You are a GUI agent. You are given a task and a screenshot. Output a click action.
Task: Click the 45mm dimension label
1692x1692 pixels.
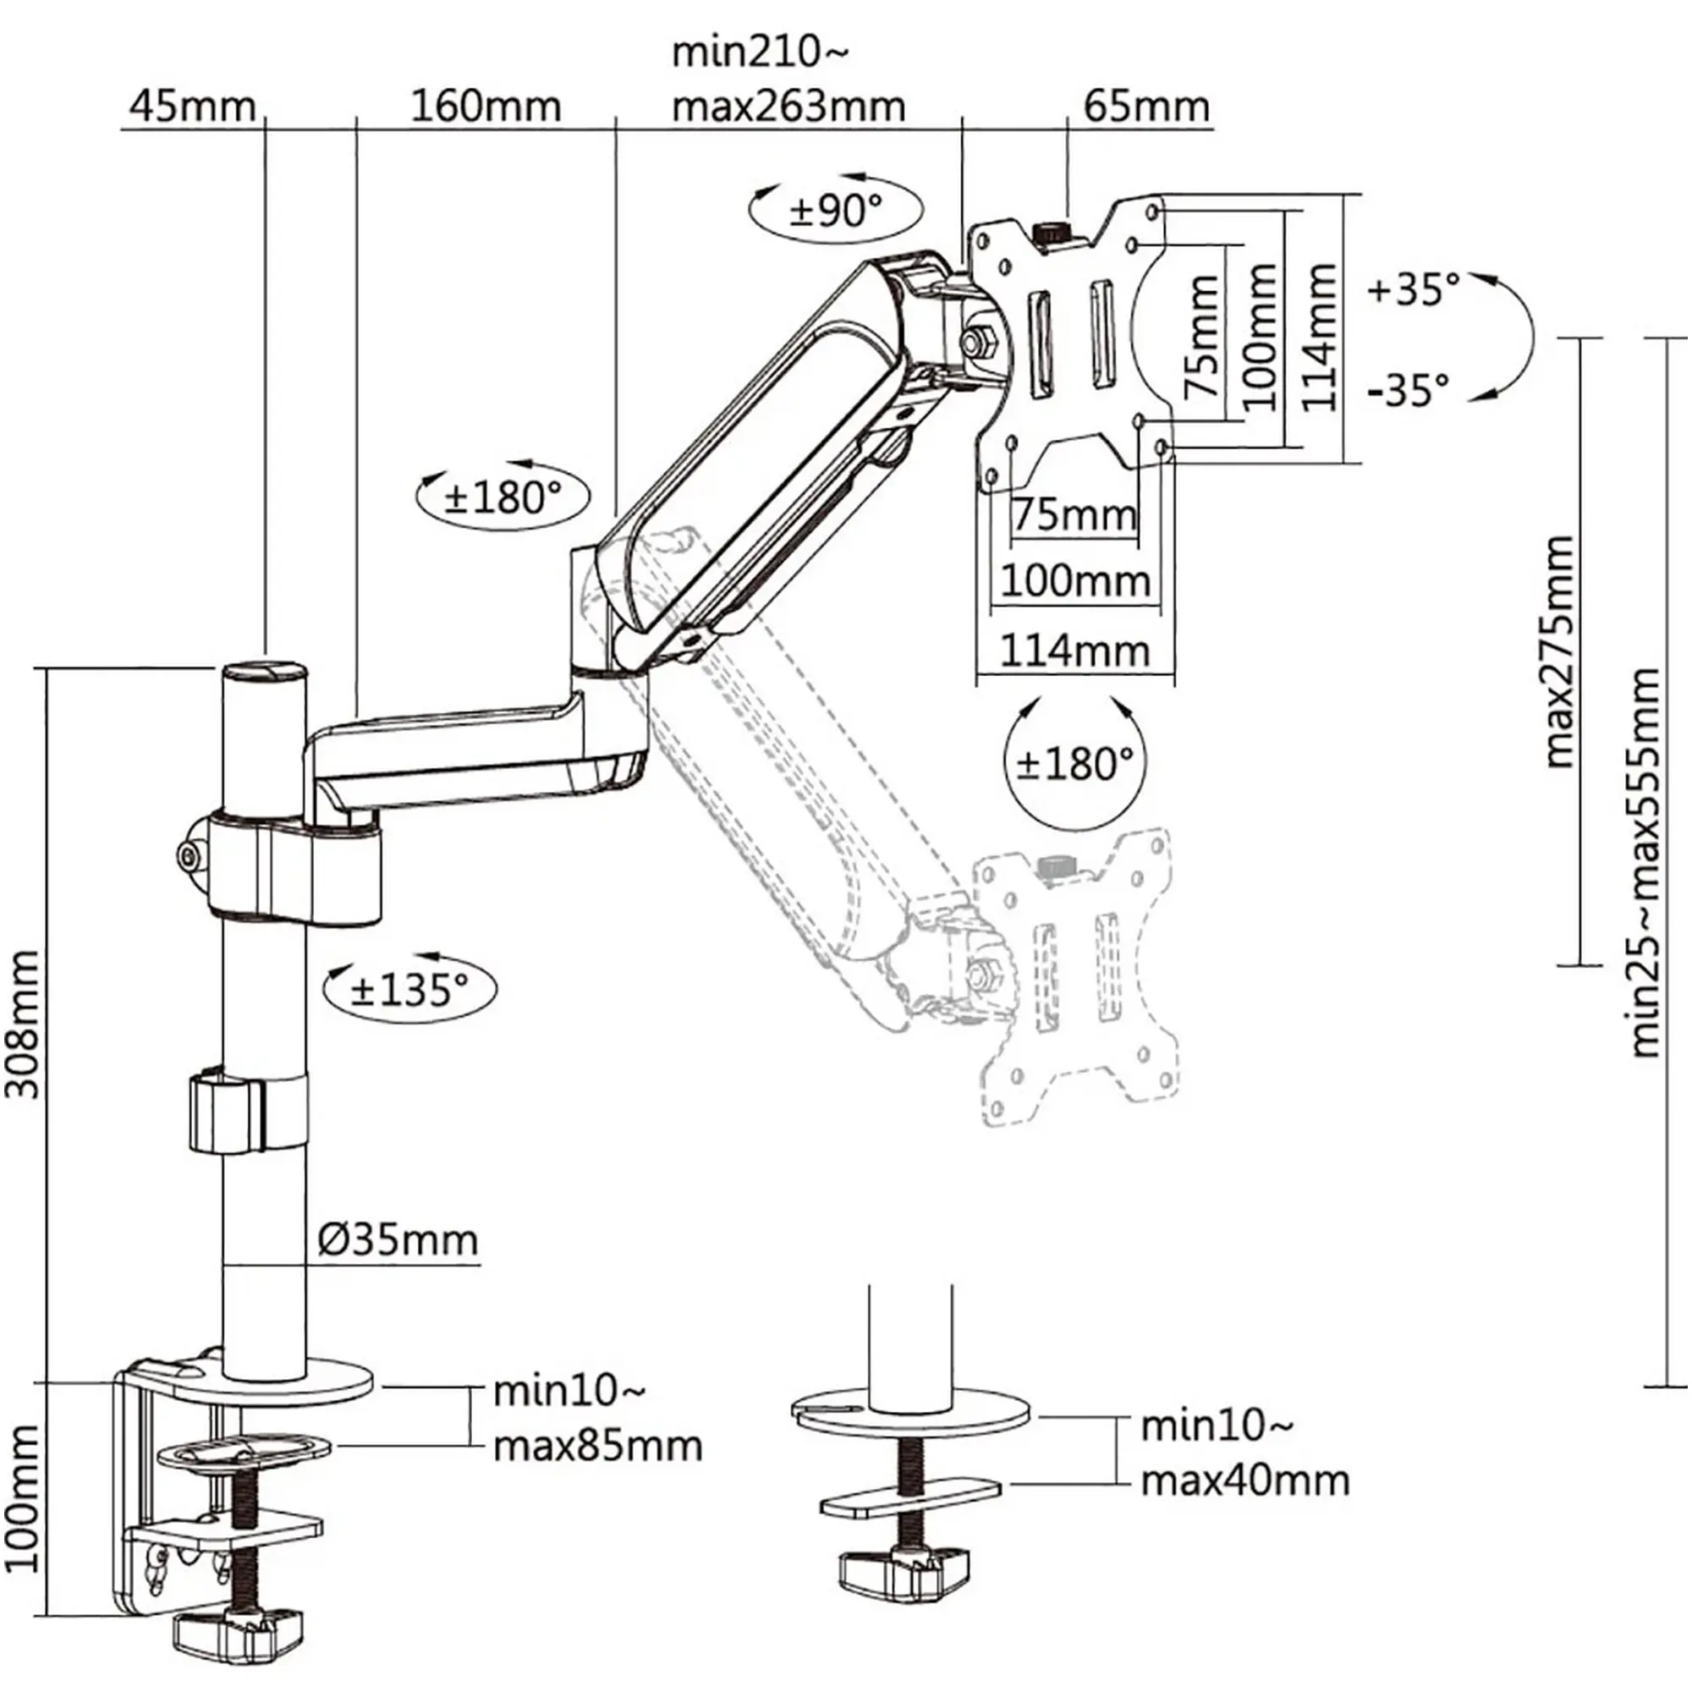pos(192,107)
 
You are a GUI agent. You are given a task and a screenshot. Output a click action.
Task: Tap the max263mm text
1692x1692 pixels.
pos(788,107)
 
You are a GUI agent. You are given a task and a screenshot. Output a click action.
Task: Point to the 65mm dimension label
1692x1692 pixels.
pos(1145,107)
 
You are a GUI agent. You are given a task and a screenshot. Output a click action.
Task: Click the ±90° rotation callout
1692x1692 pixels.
pos(836,209)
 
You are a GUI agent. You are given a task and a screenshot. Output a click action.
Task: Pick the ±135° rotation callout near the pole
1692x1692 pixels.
pos(409,989)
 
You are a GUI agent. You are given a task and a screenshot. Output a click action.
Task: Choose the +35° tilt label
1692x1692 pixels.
pos(1414,288)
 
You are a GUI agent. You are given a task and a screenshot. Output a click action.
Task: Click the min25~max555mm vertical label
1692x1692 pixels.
pos(1645,863)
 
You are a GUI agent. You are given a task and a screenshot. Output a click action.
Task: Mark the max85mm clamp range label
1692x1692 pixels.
pos(597,1446)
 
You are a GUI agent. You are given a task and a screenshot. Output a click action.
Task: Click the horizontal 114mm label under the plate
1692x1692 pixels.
pos(1074,651)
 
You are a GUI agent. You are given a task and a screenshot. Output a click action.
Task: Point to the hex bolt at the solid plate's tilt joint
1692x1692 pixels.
pos(975,339)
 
